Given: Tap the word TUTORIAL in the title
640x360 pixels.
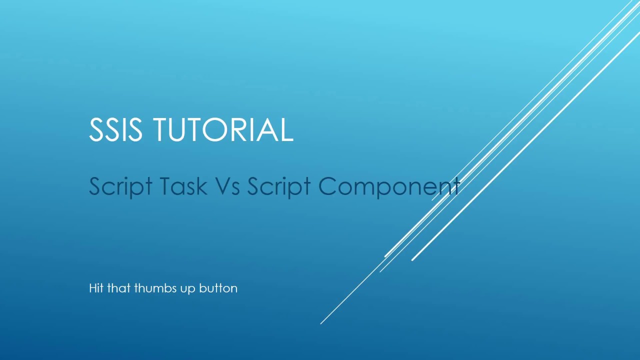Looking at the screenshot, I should tap(222, 129).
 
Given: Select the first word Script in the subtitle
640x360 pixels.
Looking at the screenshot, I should tap(120, 186).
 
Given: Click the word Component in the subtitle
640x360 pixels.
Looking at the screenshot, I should tap(389, 186).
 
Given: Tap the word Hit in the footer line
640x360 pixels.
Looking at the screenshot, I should tap(96, 288).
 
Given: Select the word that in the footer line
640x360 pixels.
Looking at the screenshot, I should tap(118, 288).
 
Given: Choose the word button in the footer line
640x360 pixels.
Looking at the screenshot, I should tap(218, 288).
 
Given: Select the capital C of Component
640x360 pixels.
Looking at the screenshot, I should tap(328, 186).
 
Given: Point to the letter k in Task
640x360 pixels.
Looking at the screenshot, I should tap(200, 186).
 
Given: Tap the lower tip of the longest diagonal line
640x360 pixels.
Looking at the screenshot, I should tap(321, 323).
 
